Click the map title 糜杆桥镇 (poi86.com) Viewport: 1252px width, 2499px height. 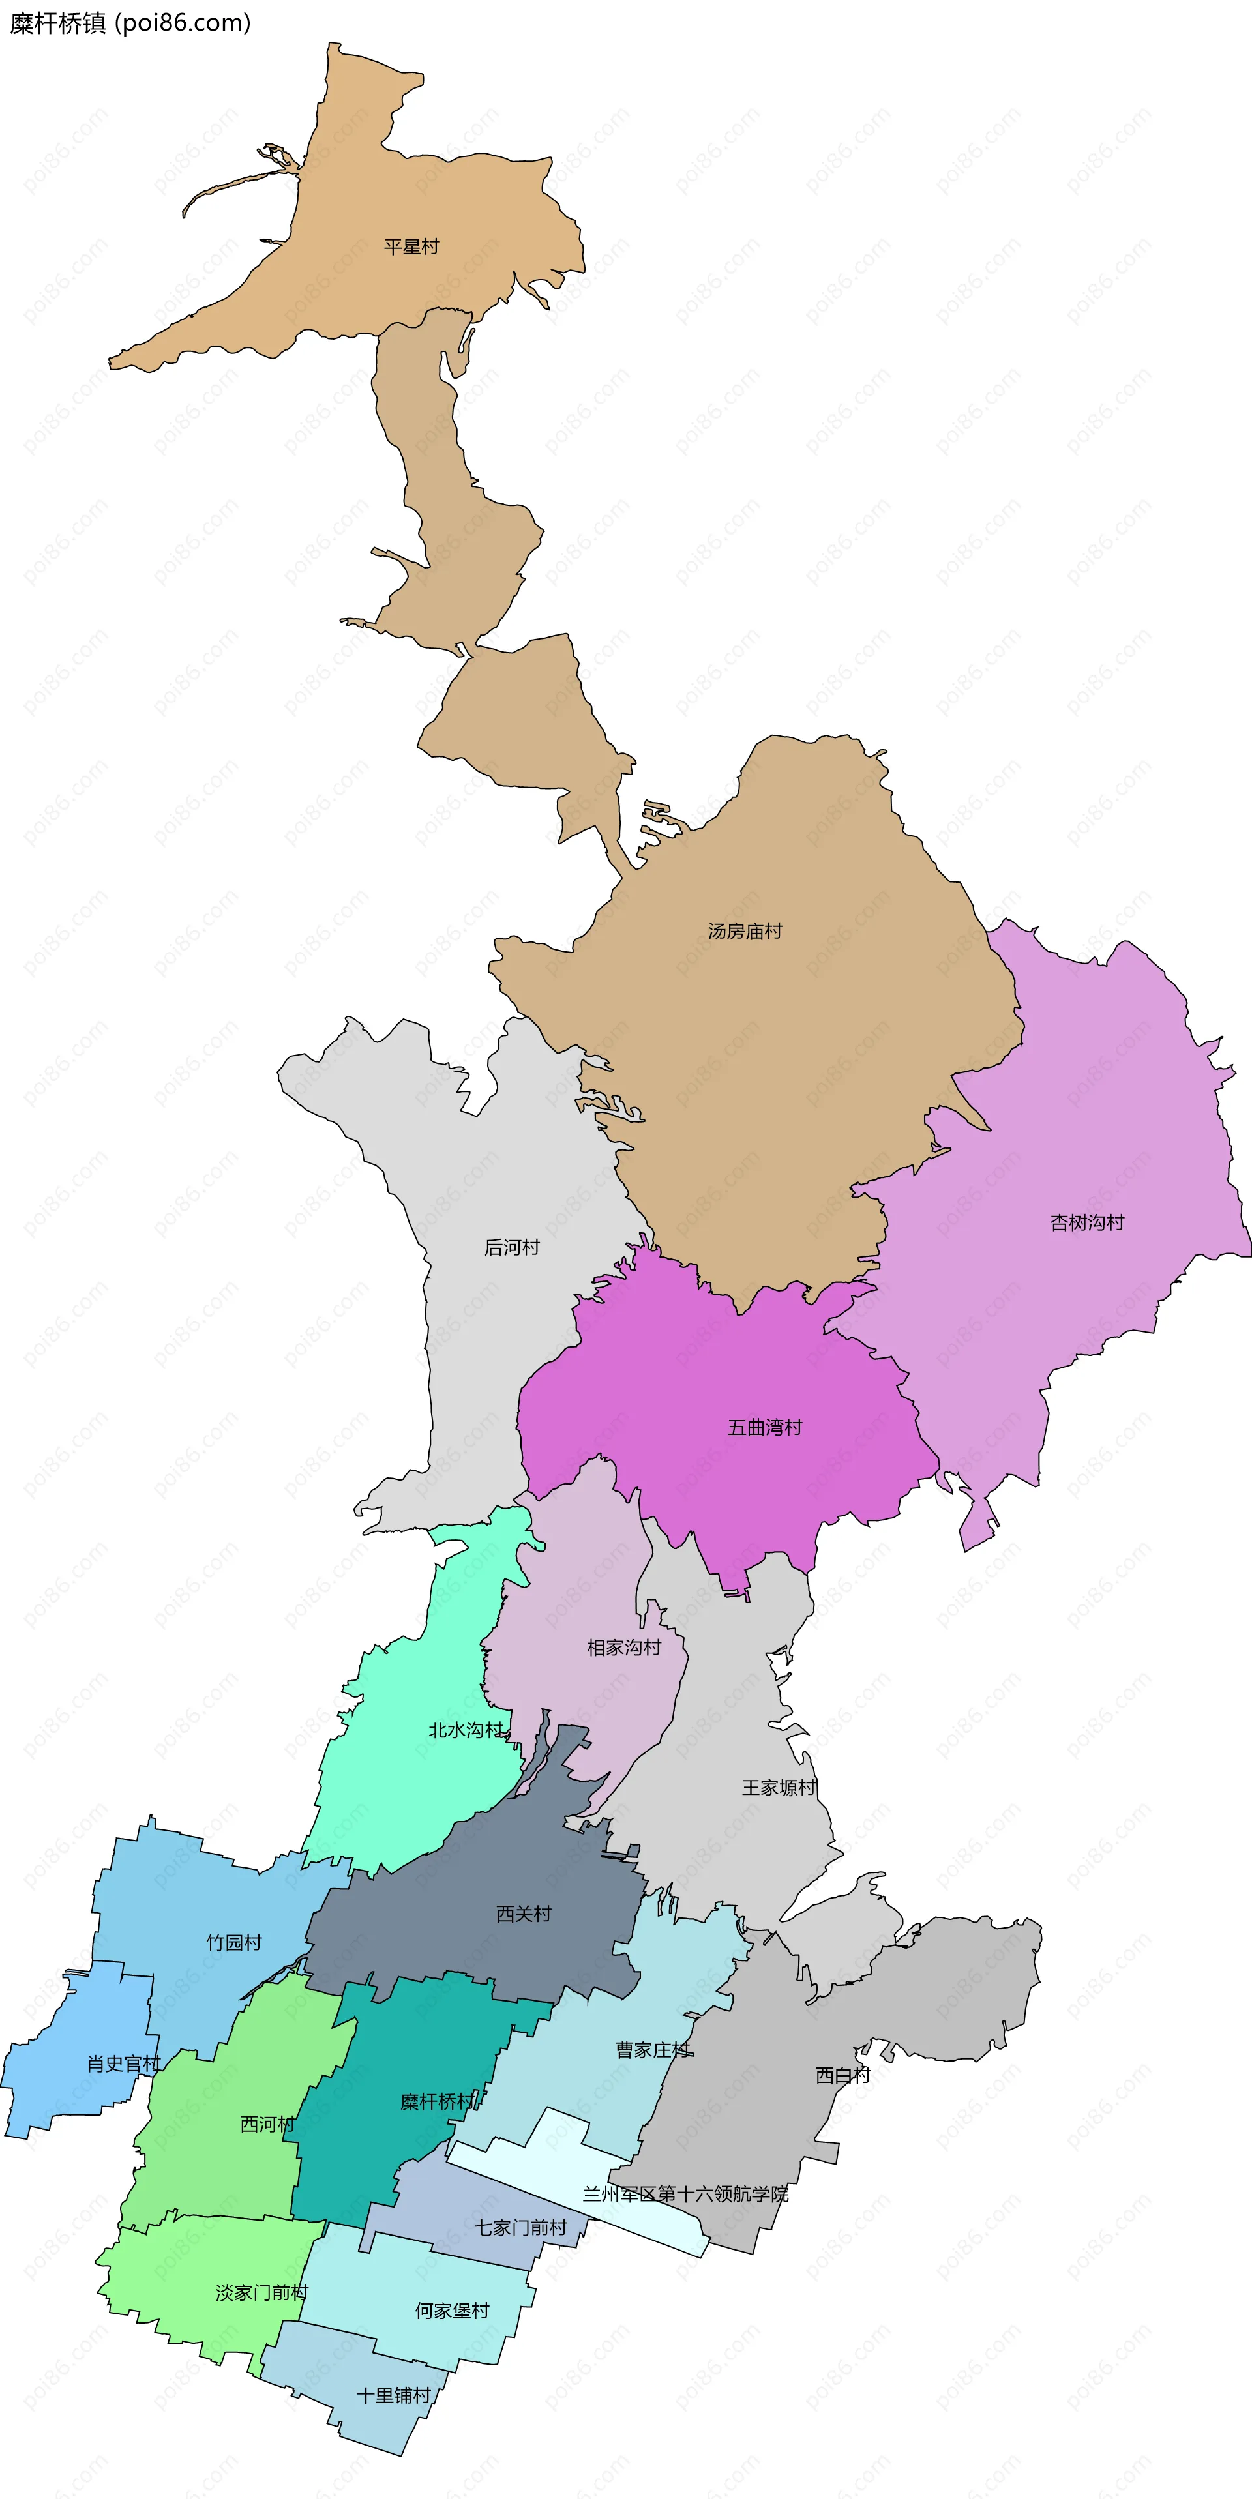[130, 23]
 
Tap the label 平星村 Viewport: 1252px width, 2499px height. [411, 247]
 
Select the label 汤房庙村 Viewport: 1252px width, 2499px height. [745, 931]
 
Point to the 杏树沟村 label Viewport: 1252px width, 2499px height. [1087, 1222]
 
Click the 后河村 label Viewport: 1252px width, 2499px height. [511, 1248]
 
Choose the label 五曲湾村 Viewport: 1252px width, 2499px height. [765, 1427]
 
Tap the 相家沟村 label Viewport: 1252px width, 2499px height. [624, 1648]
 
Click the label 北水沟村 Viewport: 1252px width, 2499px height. [466, 1730]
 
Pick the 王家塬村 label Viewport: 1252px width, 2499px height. [779, 1787]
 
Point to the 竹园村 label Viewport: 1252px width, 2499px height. [234, 1942]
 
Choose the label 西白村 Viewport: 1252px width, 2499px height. [842, 2075]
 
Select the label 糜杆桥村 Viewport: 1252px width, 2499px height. [438, 2101]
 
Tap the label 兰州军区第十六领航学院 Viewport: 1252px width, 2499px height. [685, 2193]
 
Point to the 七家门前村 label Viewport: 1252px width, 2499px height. [520, 2227]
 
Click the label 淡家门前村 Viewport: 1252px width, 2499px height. [261, 2292]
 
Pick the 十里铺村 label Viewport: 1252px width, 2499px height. [393, 2395]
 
